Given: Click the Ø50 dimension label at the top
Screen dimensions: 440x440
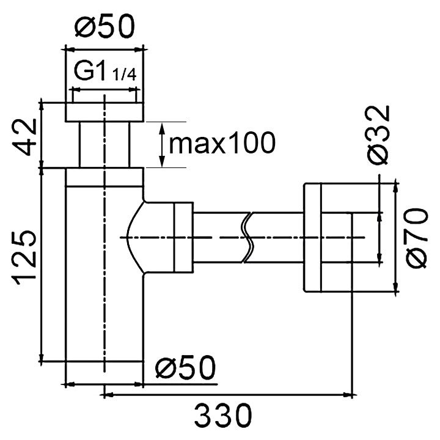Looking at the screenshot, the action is click(105, 26).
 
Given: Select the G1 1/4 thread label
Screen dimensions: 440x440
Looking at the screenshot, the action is click(105, 71).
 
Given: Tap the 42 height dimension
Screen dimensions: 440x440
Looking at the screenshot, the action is click(24, 137).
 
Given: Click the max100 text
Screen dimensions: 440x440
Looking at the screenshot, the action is click(222, 143).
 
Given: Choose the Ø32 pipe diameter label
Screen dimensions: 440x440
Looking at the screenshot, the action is click(378, 134).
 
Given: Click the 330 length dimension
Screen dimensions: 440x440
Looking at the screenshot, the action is click(223, 416).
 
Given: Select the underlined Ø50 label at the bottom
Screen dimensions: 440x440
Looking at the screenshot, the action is click(186, 367).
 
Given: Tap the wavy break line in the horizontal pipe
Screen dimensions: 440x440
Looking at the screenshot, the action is click(246, 237).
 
